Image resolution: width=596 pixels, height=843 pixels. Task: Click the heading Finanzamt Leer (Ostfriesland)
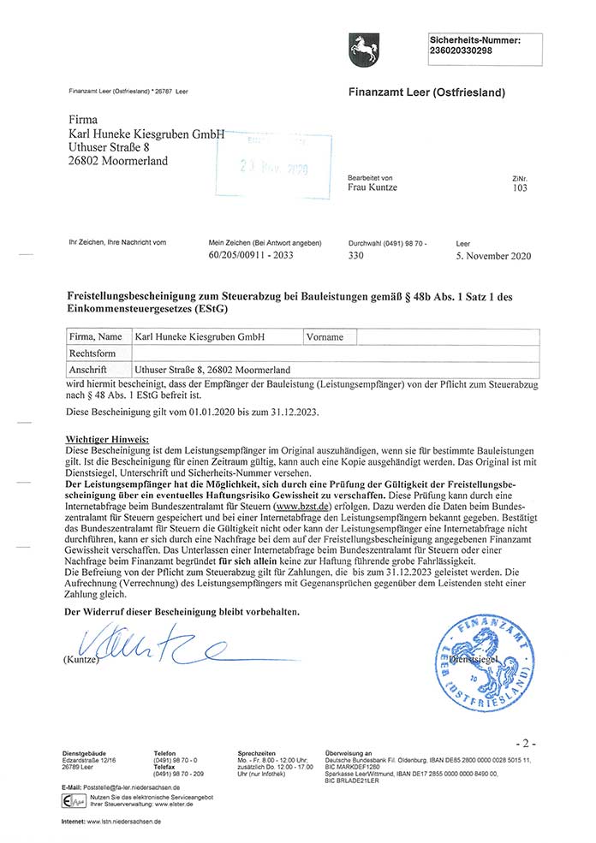coord(426,92)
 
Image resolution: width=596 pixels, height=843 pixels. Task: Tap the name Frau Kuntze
coord(372,187)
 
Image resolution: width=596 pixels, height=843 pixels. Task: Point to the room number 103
coord(520,187)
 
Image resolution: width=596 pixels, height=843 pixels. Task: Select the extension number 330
coord(357,255)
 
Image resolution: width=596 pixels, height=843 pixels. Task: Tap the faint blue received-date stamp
coord(274,165)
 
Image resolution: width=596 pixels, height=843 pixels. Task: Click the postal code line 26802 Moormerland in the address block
coord(118,161)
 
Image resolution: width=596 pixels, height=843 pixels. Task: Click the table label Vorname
coord(325,337)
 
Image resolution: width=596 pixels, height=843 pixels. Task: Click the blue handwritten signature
coord(146,646)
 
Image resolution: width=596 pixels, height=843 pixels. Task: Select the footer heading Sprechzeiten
coord(256,753)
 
